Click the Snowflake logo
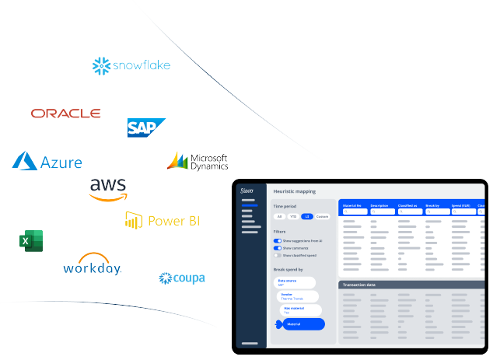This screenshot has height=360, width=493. (131, 65)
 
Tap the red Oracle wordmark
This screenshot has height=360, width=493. (65, 114)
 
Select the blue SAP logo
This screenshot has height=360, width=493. (146, 128)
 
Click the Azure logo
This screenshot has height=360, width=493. (47, 162)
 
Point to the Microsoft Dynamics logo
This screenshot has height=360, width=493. (198, 161)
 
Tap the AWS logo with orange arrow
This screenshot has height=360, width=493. (107, 189)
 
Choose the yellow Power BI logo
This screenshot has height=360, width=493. (163, 221)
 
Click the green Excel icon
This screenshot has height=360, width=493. (29, 241)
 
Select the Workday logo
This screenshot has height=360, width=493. (93, 264)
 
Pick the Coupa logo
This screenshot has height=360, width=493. (182, 278)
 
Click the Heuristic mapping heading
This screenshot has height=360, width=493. (295, 191)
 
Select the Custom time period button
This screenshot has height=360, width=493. (322, 216)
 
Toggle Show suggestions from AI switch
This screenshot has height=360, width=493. (278, 241)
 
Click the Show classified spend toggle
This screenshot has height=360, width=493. (278, 255)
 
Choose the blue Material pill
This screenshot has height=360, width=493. (302, 323)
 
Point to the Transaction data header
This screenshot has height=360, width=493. (360, 285)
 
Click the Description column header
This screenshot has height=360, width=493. (379, 205)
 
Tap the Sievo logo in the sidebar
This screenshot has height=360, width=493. (247, 190)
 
